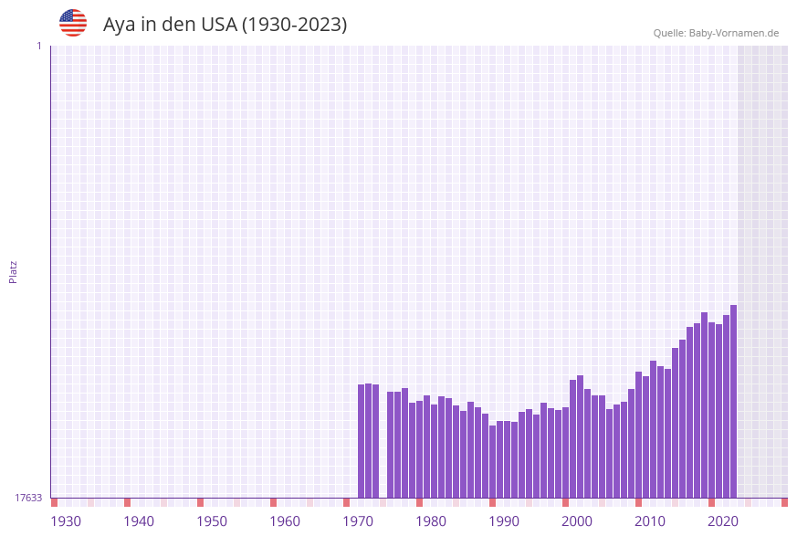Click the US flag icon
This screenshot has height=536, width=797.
click(x=73, y=23)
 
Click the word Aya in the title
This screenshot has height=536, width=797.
click(x=119, y=25)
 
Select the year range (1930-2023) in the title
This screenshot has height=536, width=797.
click(x=294, y=25)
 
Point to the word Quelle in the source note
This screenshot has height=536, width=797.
click(x=669, y=34)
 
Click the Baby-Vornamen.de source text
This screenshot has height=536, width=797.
click(x=734, y=34)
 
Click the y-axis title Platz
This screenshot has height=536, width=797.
click(x=14, y=271)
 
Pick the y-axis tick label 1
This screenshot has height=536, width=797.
click(x=38, y=47)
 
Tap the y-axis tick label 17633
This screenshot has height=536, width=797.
click(x=28, y=498)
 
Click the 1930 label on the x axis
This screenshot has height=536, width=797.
click(x=66, y=521)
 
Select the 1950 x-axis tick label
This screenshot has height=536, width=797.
click(x=212, y=521)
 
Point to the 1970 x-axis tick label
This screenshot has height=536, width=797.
click(x=358, y=521)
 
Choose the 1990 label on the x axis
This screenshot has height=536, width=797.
click(x=504, y=521)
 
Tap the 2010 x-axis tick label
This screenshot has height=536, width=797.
click(x=650, y=521)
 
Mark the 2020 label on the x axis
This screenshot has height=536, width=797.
click(x=723, y=521)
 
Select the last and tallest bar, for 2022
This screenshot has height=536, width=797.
click(x=733, y=402)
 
